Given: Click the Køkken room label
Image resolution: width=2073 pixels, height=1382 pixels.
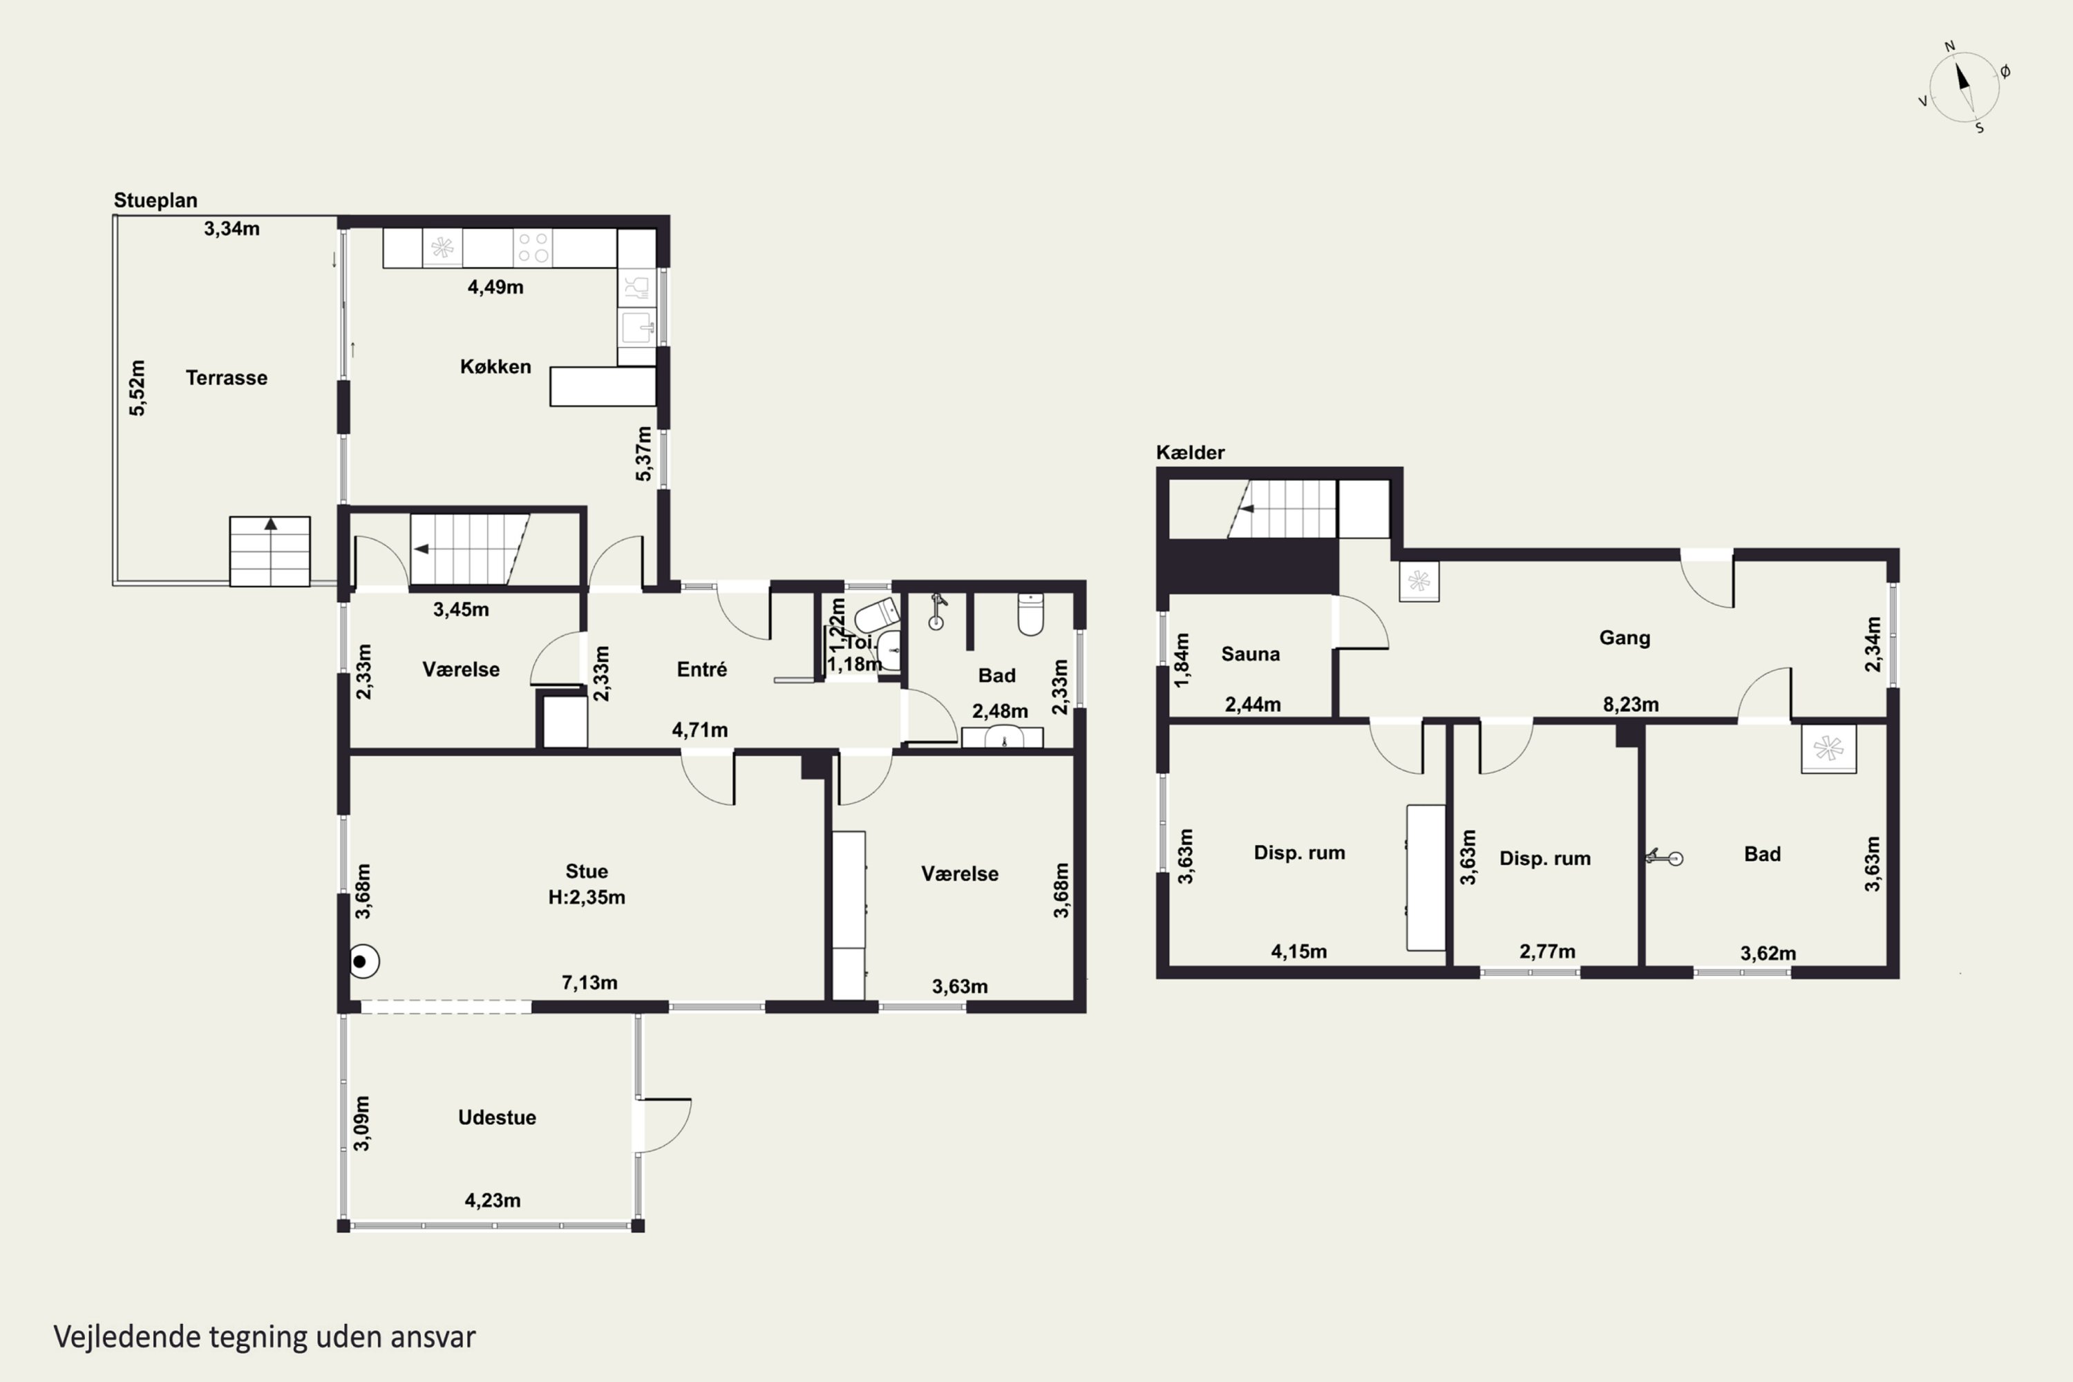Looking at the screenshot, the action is point(495,367).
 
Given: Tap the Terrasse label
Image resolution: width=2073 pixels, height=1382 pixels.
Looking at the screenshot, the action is point(227,378).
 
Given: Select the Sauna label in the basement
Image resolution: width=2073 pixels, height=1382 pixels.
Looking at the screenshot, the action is point(1251,654).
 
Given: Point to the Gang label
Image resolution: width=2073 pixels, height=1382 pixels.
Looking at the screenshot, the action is point(1625,638).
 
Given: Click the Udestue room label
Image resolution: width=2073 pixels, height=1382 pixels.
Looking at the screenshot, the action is point(497,1117).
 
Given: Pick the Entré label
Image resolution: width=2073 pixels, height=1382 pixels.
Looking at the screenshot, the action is point(701,669).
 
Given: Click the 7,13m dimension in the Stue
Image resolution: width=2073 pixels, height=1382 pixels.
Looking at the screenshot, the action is point(589,983).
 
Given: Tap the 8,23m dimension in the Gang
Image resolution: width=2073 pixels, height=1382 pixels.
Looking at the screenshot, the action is point(1631,705).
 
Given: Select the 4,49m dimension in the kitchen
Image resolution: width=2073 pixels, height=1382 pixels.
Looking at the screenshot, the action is point(495,287).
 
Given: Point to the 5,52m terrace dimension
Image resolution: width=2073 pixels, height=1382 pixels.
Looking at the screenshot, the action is point(138,388).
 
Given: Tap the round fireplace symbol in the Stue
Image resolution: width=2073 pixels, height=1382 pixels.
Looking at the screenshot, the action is point(363,962).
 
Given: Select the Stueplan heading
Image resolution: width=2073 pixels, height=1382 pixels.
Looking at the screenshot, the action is point(155,201).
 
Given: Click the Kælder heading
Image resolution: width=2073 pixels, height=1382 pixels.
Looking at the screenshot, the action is point(1190,453).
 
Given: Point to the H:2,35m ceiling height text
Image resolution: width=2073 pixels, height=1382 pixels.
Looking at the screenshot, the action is point(587,897).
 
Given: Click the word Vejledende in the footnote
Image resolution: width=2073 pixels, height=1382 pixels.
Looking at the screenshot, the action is point(128,1337).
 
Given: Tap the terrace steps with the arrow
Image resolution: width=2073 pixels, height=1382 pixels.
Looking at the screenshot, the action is point(269,551).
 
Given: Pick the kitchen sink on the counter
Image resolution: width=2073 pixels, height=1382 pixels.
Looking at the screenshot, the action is point(636,327).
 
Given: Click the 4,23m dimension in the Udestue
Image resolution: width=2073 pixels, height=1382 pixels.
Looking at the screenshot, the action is point(493,1200).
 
